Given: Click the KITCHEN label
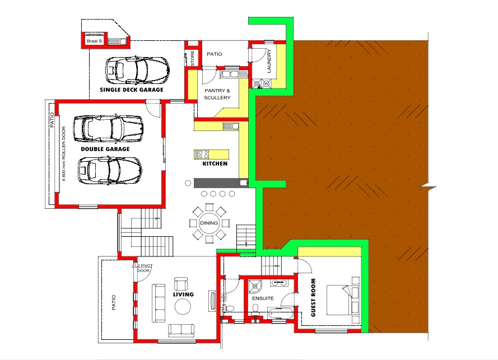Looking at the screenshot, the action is [x=215, y=163].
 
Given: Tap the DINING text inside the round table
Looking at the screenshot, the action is [x=209, y=223].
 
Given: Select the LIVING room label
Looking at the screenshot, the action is [x=183, y=294].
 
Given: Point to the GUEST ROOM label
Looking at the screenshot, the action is [x=314, y=297].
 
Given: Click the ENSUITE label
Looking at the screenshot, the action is [x=263, y=298].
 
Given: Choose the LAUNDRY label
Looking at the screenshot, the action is [x=269, y=60].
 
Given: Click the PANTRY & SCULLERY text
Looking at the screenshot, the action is [x=217, y=94].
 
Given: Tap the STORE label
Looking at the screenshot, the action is [x=193, y=58].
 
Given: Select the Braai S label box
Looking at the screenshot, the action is [x=94, y=41].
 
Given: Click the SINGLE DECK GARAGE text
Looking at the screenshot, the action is [x=132, y=90].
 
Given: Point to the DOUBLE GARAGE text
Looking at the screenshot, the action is [x=105, y=149].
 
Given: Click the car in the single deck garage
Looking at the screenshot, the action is [x=137, y=70].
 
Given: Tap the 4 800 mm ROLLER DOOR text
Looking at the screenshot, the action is [x=64, y=153].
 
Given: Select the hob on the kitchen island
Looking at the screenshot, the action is [x=202, y=155].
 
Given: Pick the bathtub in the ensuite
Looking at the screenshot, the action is [x=282, y=314].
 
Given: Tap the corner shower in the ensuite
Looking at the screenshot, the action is [x=255, y=286].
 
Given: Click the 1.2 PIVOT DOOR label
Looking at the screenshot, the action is [x=143, y=268].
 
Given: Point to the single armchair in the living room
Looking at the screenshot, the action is [x=181, y=283].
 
